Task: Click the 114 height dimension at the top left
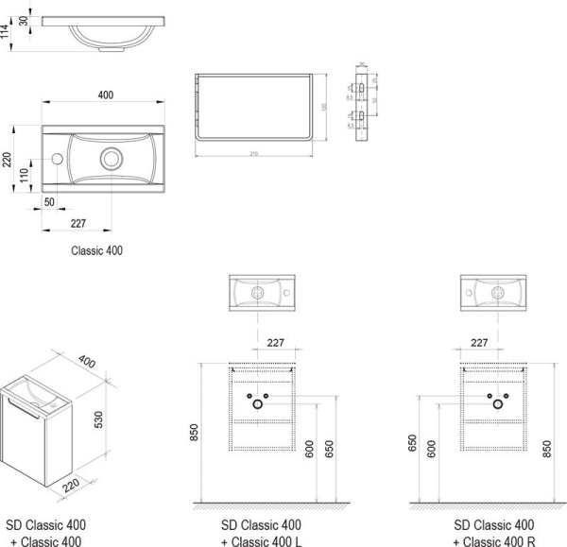8,30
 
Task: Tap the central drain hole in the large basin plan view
113,158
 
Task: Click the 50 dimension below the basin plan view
49,203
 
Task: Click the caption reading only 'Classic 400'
97,251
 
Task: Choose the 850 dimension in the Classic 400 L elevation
196,431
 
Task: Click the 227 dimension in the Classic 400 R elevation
479,343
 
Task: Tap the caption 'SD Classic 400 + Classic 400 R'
493,533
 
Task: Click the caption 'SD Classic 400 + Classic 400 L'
262,533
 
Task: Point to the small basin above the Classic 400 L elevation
262,291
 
